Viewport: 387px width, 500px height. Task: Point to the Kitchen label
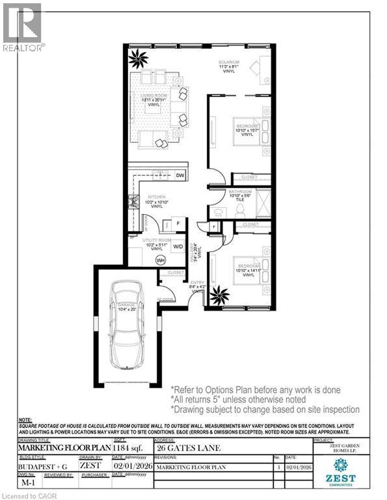[156, 200]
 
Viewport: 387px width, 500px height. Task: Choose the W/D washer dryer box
[178, 247]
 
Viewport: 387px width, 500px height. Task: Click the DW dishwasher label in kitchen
[180, 176]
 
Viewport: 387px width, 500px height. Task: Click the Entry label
[197, 283]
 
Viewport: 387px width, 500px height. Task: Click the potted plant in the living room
[138, 60]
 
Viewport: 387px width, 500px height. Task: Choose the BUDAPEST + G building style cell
[37, 465]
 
